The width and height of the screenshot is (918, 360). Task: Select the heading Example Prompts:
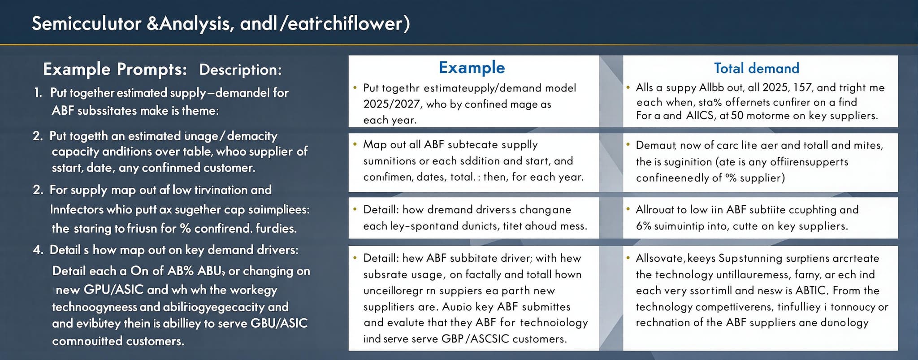coord(115,69)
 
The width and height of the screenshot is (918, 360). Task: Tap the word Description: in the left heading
coord(240,69)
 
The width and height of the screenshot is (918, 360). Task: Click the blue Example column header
coord(472,68)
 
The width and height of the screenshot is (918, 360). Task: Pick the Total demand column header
coord(756,68)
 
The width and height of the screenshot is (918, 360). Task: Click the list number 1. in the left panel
coord(38,93)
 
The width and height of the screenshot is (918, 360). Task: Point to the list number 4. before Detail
coord(38,250)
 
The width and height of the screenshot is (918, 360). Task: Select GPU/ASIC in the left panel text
coord(114,290)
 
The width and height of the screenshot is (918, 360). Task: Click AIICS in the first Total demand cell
coord(701,116)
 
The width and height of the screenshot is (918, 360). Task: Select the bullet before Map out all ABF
coord(355,144)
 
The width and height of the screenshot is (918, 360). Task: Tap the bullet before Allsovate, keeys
coord(628,258)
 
